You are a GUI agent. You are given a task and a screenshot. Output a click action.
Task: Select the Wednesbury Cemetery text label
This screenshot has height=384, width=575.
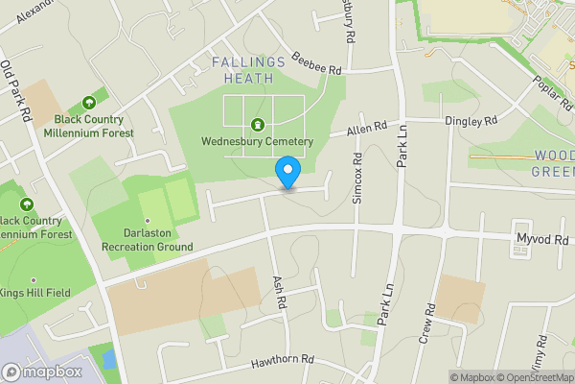click(x=257, y=142)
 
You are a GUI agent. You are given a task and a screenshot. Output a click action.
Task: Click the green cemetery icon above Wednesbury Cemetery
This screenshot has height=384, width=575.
click(x=257, y=125)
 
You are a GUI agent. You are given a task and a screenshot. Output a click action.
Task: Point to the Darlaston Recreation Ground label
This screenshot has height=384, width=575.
click(x=145, y=240)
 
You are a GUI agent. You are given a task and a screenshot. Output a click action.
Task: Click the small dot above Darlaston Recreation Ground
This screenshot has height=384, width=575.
click(x=147, y=220)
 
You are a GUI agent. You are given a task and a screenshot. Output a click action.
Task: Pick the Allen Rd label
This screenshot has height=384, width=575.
click(x=366, y=127)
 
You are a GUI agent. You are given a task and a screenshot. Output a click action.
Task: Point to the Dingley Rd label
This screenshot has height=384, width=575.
click(x=471, y=122)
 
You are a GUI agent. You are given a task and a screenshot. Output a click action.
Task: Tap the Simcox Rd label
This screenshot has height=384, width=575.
click(x=356, y=180)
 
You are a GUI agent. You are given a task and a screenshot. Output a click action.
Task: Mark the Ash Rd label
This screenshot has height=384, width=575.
click(x=280, y=290)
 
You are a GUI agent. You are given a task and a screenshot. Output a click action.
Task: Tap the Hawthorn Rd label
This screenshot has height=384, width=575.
click(x=283, y=360)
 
